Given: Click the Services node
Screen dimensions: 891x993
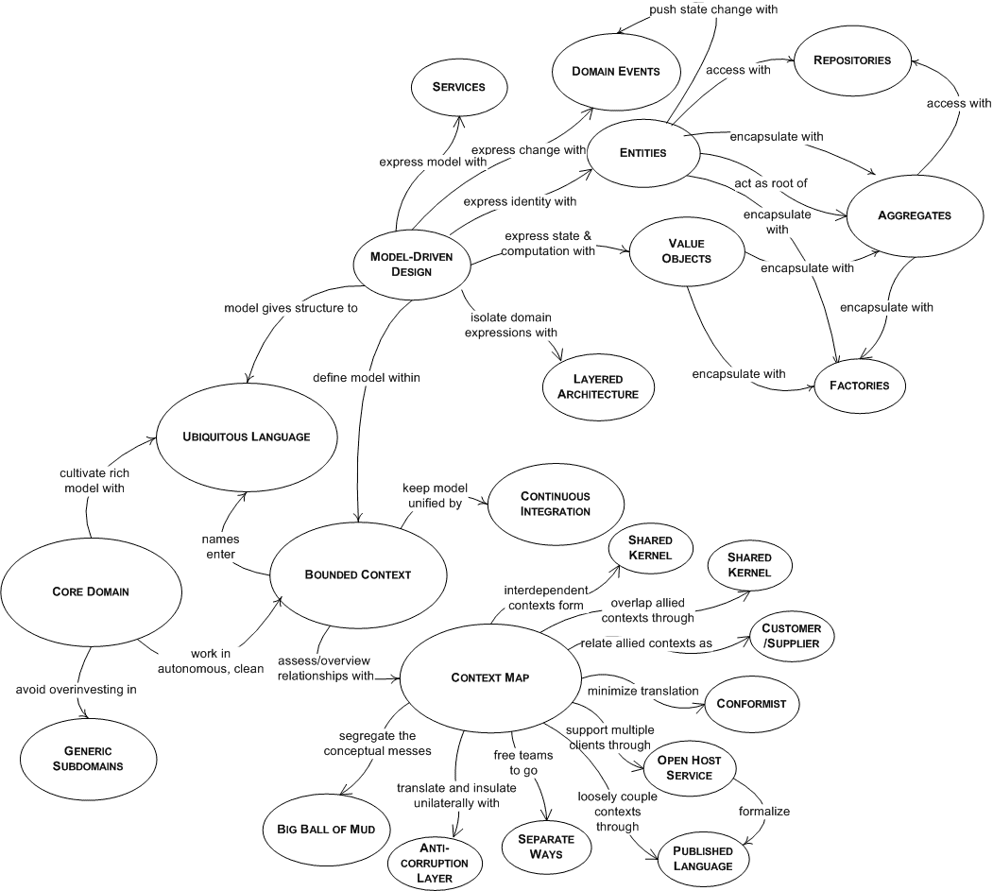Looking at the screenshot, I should (458, 87).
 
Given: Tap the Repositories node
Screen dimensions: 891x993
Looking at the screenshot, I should (852, 60).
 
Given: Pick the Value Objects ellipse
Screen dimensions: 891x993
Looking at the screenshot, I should (684, 250).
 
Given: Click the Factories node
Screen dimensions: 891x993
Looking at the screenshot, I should (859, 386).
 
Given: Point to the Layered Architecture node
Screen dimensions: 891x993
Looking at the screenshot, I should (597, 386).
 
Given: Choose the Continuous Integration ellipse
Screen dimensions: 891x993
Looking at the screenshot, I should (555, 504).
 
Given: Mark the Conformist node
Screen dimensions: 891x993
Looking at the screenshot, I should (757, 703).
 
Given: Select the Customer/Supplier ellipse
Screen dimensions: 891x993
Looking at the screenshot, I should (791, 636).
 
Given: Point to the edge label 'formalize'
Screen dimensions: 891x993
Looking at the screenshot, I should (764, 811).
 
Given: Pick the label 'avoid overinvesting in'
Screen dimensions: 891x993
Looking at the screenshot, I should (77, 689).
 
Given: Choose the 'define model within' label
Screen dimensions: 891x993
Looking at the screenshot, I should (367, 377).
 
